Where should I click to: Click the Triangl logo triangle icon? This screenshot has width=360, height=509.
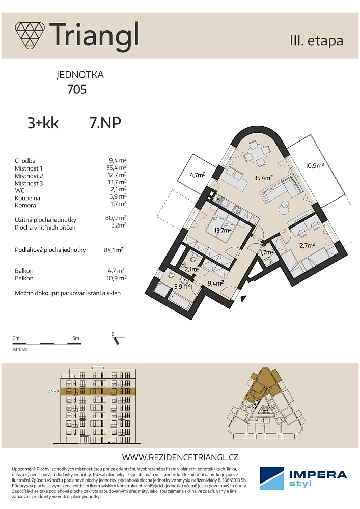coord(30,36)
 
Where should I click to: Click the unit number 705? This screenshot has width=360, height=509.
coord(77,89)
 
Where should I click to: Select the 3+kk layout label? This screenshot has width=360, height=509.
coord(43,123)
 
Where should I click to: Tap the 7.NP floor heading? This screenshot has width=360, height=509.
coord(105,123)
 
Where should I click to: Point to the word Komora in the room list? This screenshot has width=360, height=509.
coord(25,205)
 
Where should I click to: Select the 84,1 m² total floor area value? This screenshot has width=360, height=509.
coord(114,250)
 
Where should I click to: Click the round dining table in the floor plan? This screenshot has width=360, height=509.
coord(257,152)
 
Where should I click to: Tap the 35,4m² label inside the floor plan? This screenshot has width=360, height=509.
coord(263,178)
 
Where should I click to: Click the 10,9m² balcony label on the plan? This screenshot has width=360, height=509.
coord(315,165)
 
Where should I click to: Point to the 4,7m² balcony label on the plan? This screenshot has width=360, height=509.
coord(198,175)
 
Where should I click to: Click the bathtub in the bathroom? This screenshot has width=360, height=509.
coord(180,301)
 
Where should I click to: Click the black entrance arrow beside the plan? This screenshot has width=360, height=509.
coord(242,299)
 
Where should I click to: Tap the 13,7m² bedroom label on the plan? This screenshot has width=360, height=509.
coord(223,230)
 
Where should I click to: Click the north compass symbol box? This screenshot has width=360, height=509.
coord(118,344)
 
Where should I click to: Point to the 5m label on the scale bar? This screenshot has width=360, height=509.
coord(76,338)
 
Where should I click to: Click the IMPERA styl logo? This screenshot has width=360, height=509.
coord(303,478)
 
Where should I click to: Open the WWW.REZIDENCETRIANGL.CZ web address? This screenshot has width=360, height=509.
coord(180,457)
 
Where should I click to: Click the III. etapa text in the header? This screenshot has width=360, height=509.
coord(317,41)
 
